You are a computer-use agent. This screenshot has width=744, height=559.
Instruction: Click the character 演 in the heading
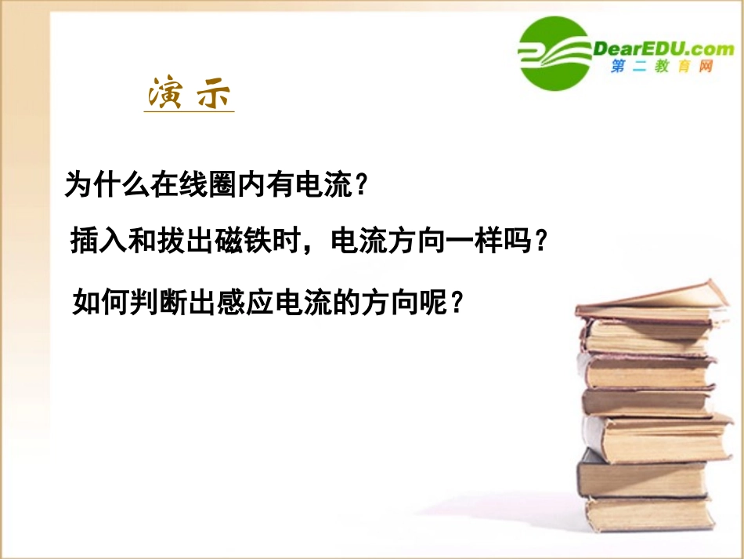click(165, 95)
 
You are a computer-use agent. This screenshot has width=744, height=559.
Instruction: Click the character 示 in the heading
click(214, 95)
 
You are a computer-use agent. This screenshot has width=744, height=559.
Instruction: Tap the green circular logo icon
click(554, 51)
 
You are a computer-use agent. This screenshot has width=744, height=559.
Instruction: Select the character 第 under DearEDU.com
click(618, 67)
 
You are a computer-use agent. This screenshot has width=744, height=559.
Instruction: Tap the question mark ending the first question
click(360, 185)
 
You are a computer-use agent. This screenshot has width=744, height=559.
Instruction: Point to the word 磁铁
click(247, 241)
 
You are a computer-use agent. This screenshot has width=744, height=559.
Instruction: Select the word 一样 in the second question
click(467, 241)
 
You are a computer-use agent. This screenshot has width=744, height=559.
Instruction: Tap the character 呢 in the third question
click(428, 300)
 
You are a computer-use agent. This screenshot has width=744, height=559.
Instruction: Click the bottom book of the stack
click(649, 515)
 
